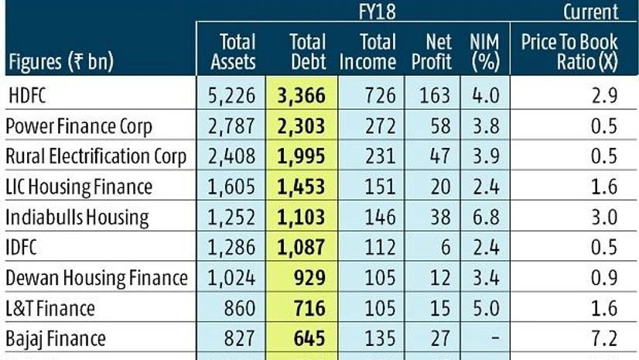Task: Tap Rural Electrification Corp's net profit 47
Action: pos(439,156)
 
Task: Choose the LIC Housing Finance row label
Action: pos(79,187)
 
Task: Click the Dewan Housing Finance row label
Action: pos(96,277)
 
